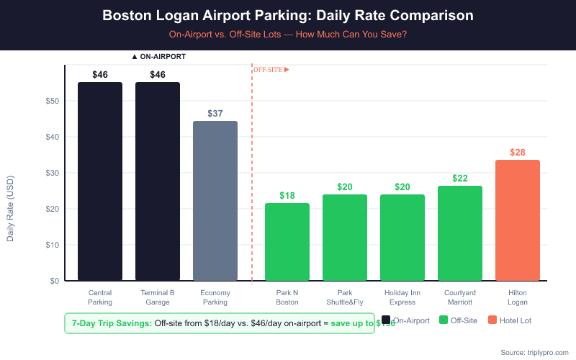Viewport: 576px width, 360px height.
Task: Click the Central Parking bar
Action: [x=100, y=181]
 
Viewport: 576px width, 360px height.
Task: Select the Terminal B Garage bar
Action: [x=158, y=181]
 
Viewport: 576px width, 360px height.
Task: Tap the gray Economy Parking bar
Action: [x=215, y=201]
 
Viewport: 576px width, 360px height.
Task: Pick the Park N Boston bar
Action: [x=287, y=242]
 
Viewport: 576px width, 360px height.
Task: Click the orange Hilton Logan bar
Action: [x=518, y=220]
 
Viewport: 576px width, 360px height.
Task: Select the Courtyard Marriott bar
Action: [x=460, y=233]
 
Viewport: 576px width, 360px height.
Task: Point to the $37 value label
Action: [x=215, y=114]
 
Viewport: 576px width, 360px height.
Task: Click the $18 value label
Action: [x=287, y=196]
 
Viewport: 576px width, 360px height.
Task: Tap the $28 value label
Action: [x=518, y=153]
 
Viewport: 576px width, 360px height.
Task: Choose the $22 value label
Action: [x=460, y=179]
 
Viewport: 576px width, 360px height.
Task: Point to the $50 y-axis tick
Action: [x=52, y=101]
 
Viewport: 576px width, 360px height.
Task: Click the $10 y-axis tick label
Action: [x=52, y=245]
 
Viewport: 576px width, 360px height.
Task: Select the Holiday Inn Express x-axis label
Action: [x=402, y=297]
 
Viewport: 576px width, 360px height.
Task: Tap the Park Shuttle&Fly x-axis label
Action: [x=345, y=297]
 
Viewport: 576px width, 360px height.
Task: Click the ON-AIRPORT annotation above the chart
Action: [x=158, y=56]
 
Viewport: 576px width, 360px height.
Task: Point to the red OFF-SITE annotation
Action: [x=271, y=69]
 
